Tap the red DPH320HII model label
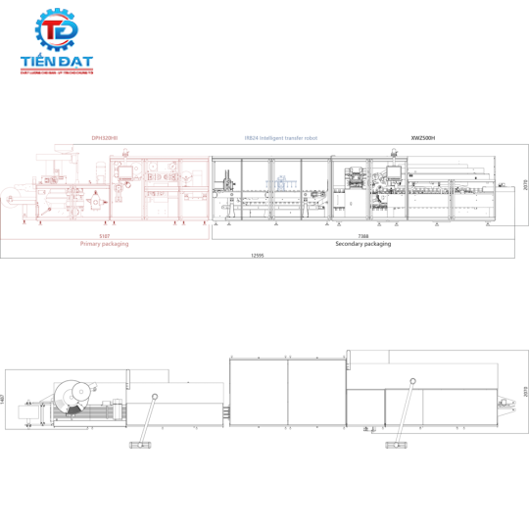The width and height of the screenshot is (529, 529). coord(105,138)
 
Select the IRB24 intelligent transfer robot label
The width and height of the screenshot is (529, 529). coord(281,138)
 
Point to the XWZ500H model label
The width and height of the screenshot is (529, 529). coord(423,138)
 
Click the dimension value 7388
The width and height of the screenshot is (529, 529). coord(362,236)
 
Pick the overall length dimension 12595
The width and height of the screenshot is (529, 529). coord(259,255)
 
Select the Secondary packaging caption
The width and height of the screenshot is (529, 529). coord(362,244)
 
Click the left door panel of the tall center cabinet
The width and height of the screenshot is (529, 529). coord(259,392)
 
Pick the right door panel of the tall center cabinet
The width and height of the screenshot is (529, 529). coord(316,392)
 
